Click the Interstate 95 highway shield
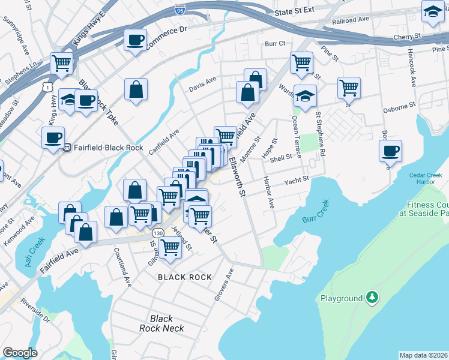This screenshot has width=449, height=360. (179, 10)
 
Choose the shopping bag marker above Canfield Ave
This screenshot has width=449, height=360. (136, 89)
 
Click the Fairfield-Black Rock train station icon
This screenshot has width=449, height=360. (67, 146)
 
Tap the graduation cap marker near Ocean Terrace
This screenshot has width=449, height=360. (306, 97)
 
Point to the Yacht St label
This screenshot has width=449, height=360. (296, 179)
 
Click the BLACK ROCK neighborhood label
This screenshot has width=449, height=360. (184, 277)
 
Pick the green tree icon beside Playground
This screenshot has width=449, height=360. (372, 298)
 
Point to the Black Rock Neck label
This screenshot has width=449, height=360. (161, 323)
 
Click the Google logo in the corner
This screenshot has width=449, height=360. (20, 353)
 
